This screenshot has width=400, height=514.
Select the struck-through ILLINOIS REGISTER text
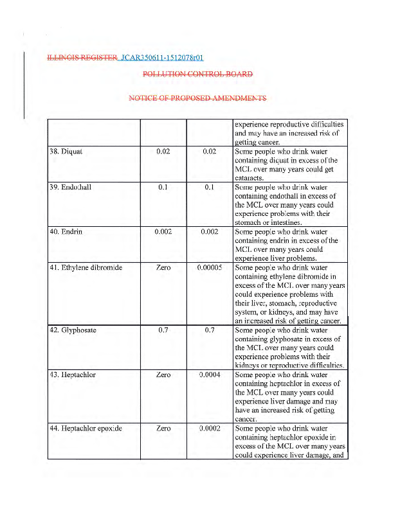pos(82,58)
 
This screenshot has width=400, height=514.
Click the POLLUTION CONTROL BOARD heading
pos(197,74)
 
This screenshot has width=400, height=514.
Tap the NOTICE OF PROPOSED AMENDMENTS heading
pos(197,98)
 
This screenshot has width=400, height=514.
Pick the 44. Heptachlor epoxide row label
pos(86,428)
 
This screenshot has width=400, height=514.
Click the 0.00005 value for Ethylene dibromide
pos(210,267)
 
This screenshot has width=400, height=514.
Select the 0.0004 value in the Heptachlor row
pos(210,375)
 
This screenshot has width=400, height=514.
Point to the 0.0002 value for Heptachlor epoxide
pos(210,428)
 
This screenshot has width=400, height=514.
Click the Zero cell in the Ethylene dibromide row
pos(163,267)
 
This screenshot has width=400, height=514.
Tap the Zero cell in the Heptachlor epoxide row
pos(163,428)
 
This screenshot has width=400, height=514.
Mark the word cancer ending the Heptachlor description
pos(246,418)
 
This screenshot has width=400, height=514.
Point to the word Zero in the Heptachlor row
pos(163,375)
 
